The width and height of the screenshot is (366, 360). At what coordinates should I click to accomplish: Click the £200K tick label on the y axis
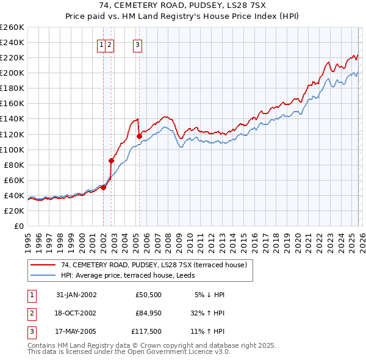pos(12,73)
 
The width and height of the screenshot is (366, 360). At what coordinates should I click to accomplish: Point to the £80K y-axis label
pos(14,165)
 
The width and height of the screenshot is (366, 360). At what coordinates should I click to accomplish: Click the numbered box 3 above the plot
pos(137,44)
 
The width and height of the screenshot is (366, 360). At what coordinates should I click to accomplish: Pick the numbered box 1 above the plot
pos(101,44)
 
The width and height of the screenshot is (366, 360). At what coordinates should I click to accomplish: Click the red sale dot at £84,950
pos(111,161)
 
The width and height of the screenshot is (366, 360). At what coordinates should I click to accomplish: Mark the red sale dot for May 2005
pos(139,136)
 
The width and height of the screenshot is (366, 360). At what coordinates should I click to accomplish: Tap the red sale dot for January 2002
pos(104,187)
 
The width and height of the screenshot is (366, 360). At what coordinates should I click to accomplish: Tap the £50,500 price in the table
pos(149,295)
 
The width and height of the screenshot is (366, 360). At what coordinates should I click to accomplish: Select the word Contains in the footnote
pos(41,345)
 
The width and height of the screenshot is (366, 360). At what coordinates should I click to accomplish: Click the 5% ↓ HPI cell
pos(210,295)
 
